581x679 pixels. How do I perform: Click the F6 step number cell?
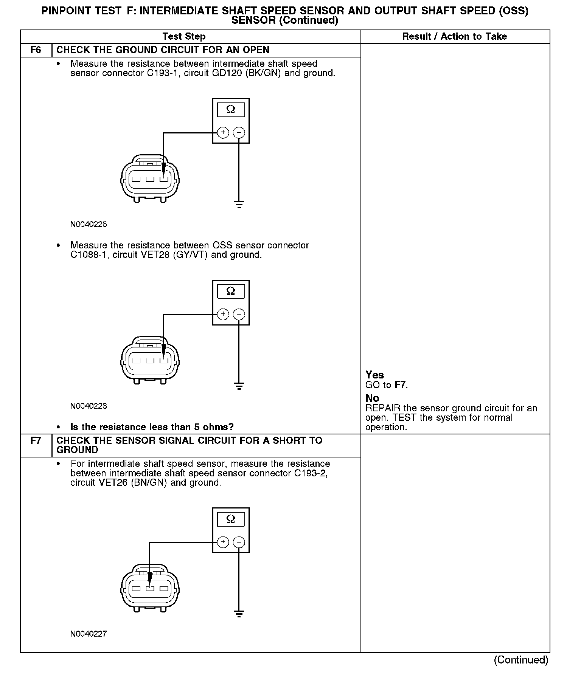36,50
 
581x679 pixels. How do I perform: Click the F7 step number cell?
36,441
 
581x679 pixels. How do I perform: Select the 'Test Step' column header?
184,37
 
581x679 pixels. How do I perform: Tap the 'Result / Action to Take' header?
454,37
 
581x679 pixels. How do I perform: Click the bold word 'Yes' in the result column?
374,375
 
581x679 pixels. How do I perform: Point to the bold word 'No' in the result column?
372,398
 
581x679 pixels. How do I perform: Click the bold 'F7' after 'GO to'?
400,385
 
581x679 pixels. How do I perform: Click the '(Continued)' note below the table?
521,660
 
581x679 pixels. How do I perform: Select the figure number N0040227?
89,634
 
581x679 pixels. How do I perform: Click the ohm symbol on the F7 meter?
231,519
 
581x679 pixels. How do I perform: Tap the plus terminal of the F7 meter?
223,542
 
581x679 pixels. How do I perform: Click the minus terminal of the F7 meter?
239,542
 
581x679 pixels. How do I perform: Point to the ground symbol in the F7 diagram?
239,613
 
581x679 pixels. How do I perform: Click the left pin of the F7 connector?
136,589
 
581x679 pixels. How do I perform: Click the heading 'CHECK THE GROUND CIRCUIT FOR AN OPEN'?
163,50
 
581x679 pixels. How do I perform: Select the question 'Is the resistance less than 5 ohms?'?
152,427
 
